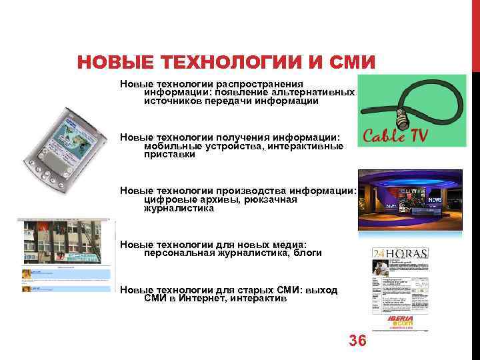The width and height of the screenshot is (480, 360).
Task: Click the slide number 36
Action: (357, 341)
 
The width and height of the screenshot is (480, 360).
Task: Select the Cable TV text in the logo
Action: (395, 136)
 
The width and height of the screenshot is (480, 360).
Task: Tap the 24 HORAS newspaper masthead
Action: (400, 253)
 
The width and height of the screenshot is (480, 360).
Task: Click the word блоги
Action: (307, 253)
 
